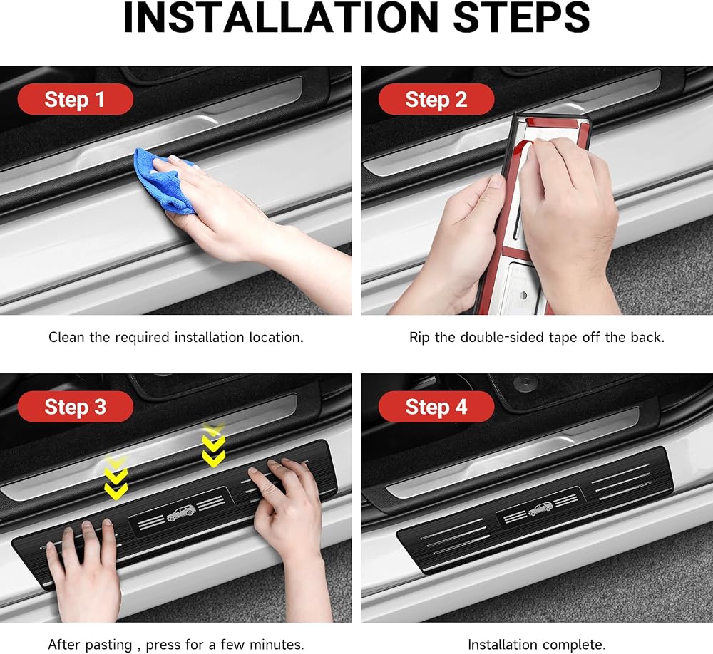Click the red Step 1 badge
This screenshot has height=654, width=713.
coord(75,99)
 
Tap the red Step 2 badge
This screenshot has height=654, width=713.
coord(436,99)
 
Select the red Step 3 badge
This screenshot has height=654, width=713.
coord(75,407)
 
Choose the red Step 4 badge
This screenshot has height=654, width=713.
coord(436,407)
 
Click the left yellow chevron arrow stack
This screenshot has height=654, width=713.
coord(116,478)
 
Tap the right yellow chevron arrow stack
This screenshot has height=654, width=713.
coord(213,445)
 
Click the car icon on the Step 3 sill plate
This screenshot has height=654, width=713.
coord(181,513)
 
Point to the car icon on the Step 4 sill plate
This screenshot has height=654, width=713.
coord(540,509)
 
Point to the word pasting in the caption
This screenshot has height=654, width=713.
coord(109,645)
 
